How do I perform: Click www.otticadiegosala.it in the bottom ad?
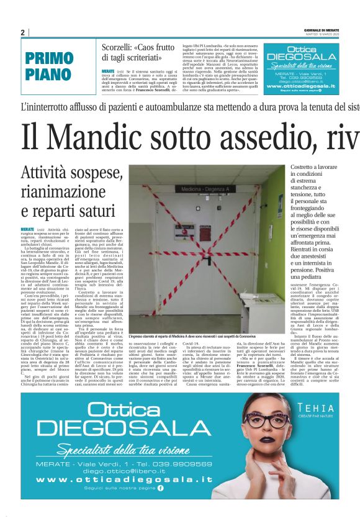coord(129,480)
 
